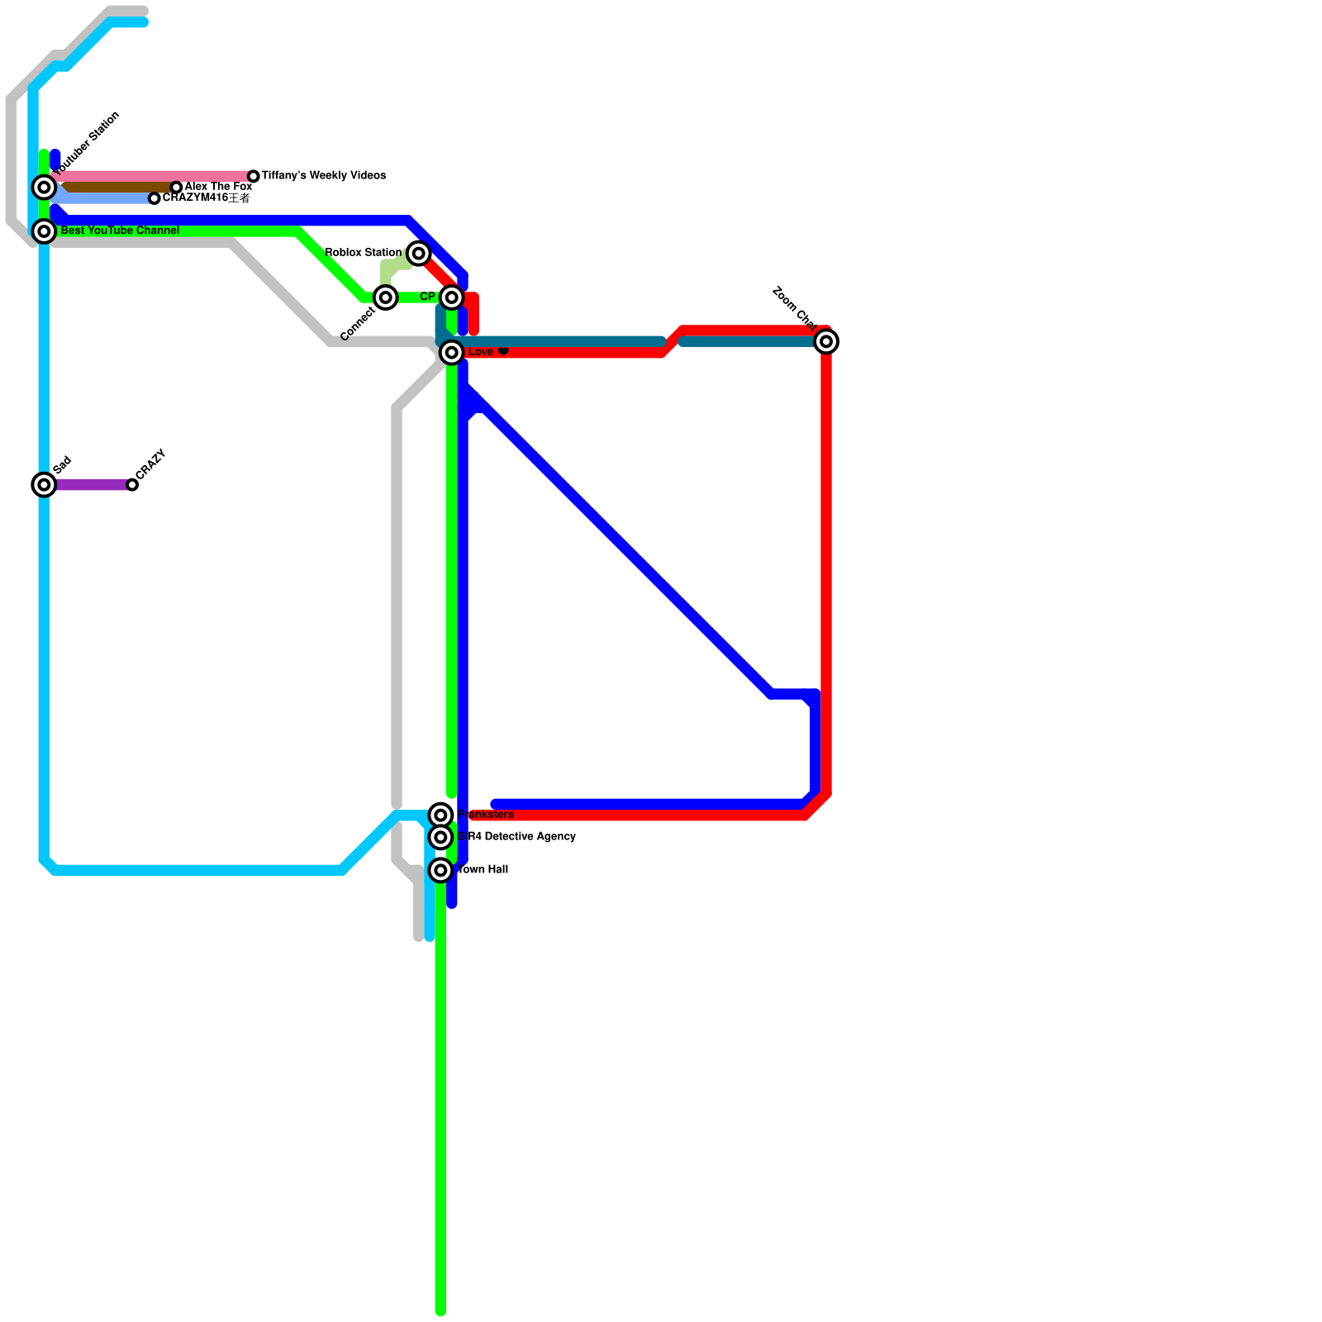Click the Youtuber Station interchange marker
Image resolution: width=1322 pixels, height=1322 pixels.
[45, 188]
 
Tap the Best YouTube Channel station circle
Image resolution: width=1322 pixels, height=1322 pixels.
[45, 231]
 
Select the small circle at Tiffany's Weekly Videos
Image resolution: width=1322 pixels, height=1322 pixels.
[254, 176]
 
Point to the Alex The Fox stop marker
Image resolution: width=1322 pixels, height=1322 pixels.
[176, 188]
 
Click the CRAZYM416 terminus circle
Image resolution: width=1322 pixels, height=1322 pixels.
[155, 198]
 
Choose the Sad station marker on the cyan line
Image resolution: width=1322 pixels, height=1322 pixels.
[45, 485]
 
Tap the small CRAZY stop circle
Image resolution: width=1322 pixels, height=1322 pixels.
[132, 485]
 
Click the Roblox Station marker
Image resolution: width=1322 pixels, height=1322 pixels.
[419, 253]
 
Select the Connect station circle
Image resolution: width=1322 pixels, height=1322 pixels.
[386, 297]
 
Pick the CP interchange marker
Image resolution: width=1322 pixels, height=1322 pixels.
[451, 297]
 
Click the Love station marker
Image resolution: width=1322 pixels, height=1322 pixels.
[451, 353]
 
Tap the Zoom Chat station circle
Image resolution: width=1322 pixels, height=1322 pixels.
[826, 341]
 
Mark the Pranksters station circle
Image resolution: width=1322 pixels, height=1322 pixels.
[441, 816]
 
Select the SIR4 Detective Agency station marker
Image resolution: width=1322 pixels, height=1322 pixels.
[441, 838]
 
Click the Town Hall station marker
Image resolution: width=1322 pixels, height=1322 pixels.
[441, 870]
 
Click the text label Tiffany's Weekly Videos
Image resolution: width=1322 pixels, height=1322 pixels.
[324, 176]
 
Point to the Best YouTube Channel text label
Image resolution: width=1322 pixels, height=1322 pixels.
[120, 231]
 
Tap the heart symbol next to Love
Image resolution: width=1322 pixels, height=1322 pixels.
[503, 352]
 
